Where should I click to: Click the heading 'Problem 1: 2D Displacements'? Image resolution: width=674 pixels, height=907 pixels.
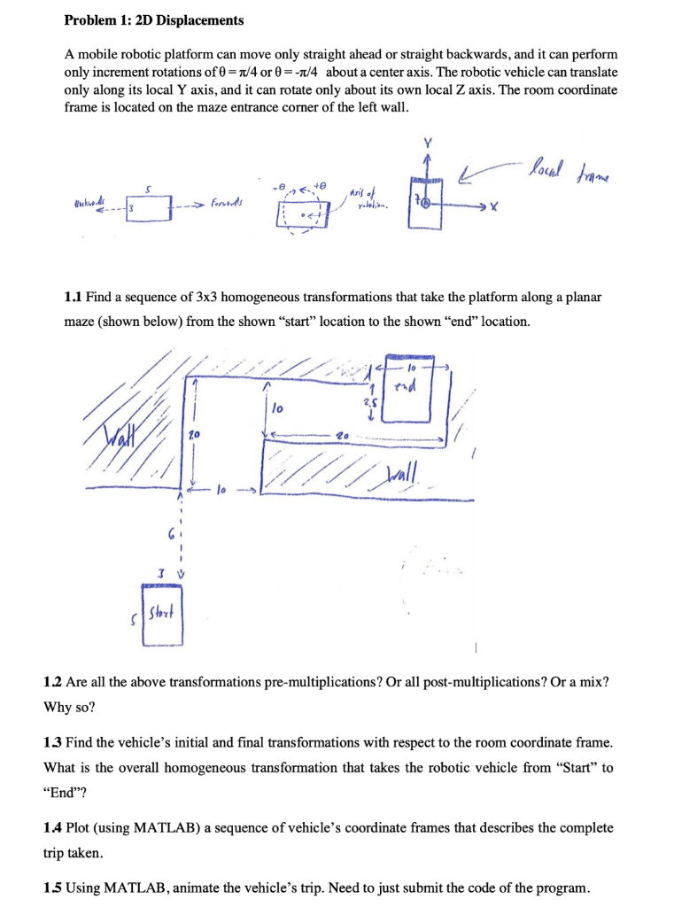coord(155,19)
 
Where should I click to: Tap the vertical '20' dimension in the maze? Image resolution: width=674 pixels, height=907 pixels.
coord(196,434)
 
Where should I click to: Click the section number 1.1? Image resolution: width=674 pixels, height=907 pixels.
coord(76,297)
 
